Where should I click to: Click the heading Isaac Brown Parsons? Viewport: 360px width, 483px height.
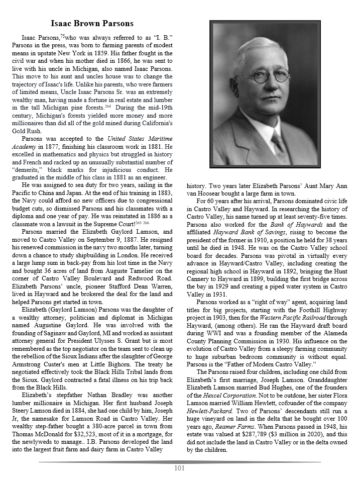tap(92, 24)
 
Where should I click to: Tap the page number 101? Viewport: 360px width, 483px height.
tap(180, 468)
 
